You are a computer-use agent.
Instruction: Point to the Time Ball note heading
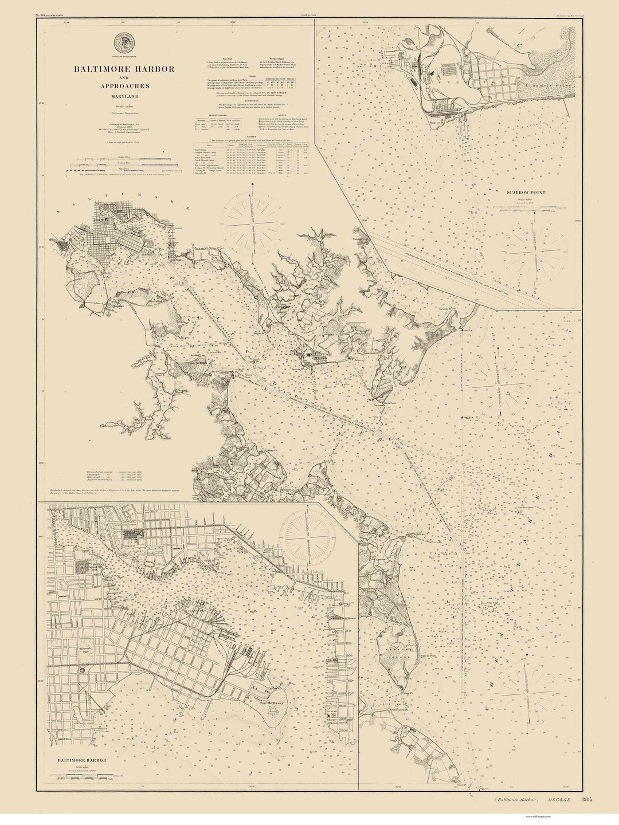pyautogui.click(x=220, y=59)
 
